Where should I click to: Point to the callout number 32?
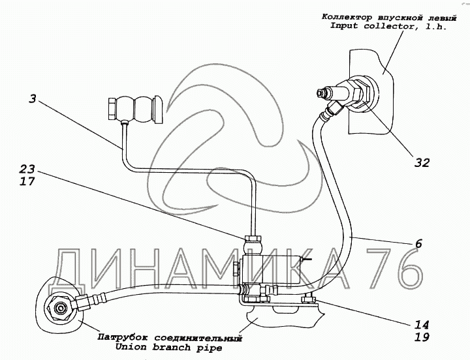pyautogui.click(x=422, y=162)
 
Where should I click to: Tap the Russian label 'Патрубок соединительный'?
pyautogui.click(x=169, y=338)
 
